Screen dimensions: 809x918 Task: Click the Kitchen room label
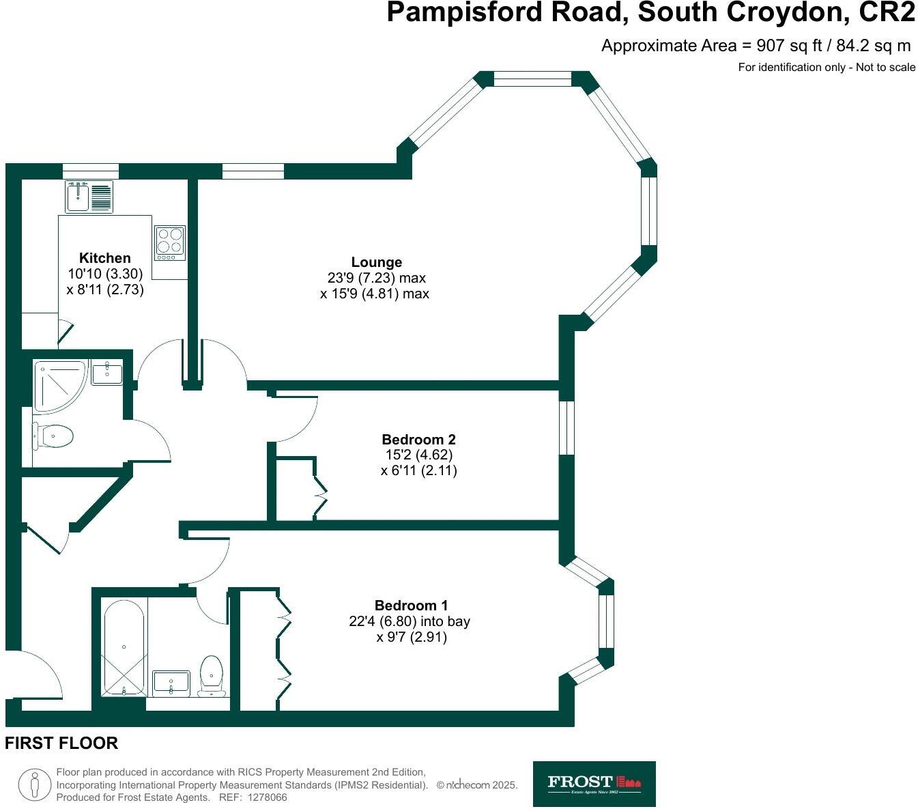(105, 258)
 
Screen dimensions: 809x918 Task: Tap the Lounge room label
(377, 262)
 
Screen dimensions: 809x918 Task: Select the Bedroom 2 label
(418, 440)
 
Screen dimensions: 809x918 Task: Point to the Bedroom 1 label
(411, 606)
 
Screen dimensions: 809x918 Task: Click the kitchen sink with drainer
(89, 197)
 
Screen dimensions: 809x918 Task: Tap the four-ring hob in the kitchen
(170, 242)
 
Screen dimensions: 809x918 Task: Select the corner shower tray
(58, 386)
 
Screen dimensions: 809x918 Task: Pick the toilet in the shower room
(53, 436)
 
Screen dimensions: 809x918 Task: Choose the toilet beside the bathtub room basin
(212, 676)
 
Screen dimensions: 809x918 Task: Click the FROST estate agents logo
(594, 784)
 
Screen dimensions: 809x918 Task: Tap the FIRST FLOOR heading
(61, 743)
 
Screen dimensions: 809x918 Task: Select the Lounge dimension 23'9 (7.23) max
(376, 278)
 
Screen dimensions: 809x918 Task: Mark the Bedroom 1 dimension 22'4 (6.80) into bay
(410, 621)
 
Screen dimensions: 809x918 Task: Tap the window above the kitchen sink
(91, 171)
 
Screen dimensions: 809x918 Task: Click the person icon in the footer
(35, 784)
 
